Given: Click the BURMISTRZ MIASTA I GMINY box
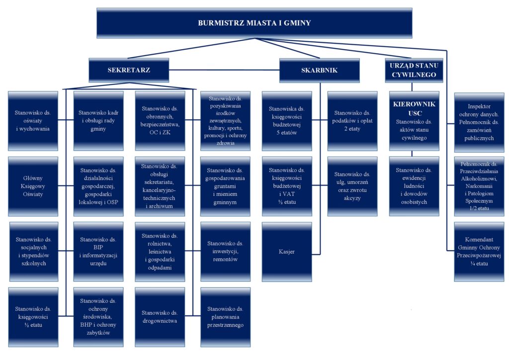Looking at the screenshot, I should tap(254, 23).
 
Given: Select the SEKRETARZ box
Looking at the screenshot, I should tap(129, 70).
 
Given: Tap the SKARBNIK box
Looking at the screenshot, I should tap(319, 70).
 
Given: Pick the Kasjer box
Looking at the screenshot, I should tap(287, 252).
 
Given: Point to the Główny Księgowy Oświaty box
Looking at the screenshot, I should tap(33, 186).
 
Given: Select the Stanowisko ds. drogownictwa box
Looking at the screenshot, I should tap(160, 317).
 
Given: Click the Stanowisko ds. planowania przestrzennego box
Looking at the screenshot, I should tap(225, 317).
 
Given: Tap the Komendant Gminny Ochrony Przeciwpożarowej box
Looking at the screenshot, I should tap(479, 252).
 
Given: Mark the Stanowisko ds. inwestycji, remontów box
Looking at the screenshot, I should tap(225, 252).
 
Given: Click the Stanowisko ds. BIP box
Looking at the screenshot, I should tap(98, 252).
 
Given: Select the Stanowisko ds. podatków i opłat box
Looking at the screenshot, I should tap(352, 121).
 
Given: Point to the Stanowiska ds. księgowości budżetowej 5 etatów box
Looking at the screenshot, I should tap(287, 121).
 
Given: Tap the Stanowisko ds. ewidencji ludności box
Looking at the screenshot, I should tap(414, 186).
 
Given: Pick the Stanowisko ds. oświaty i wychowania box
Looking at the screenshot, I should tap(33, 121).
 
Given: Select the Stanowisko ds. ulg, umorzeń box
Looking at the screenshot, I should tap(352, 186).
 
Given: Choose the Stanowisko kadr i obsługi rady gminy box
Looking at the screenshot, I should tap(98, 121).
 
